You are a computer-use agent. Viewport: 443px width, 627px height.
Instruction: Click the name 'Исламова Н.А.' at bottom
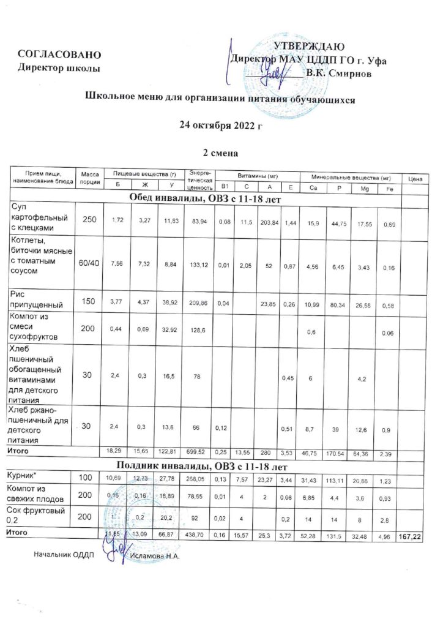coord(157,556)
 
